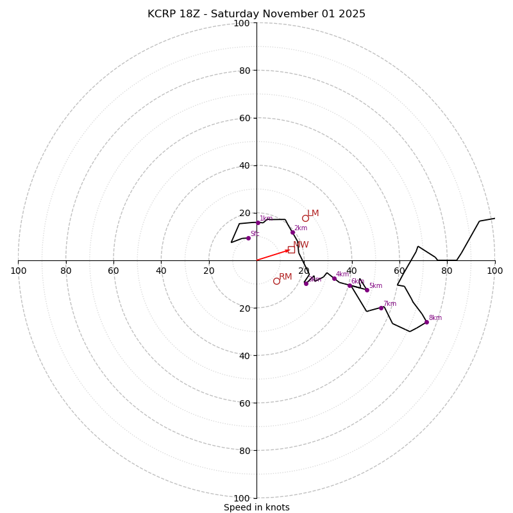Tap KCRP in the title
pos(161,14)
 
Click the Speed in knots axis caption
pos(256,508)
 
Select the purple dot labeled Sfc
pos(248,238)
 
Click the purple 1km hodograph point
pos(258,223)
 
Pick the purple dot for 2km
pos(292,232)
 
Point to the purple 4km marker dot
pos(334,278)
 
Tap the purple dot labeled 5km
pos(367,290)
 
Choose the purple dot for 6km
pos(349,285)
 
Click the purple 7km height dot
pos(381,308)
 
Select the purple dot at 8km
pos(426,322)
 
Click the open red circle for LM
pos(305,218)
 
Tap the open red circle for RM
pos(276,281)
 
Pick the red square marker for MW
pos(291,249)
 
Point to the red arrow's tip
pos(290,249)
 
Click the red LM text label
pos(313,214)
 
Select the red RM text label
pos(285,277)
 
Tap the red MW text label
pos(301,245)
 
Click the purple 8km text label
pos(435,318)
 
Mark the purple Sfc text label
pos(255,234)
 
